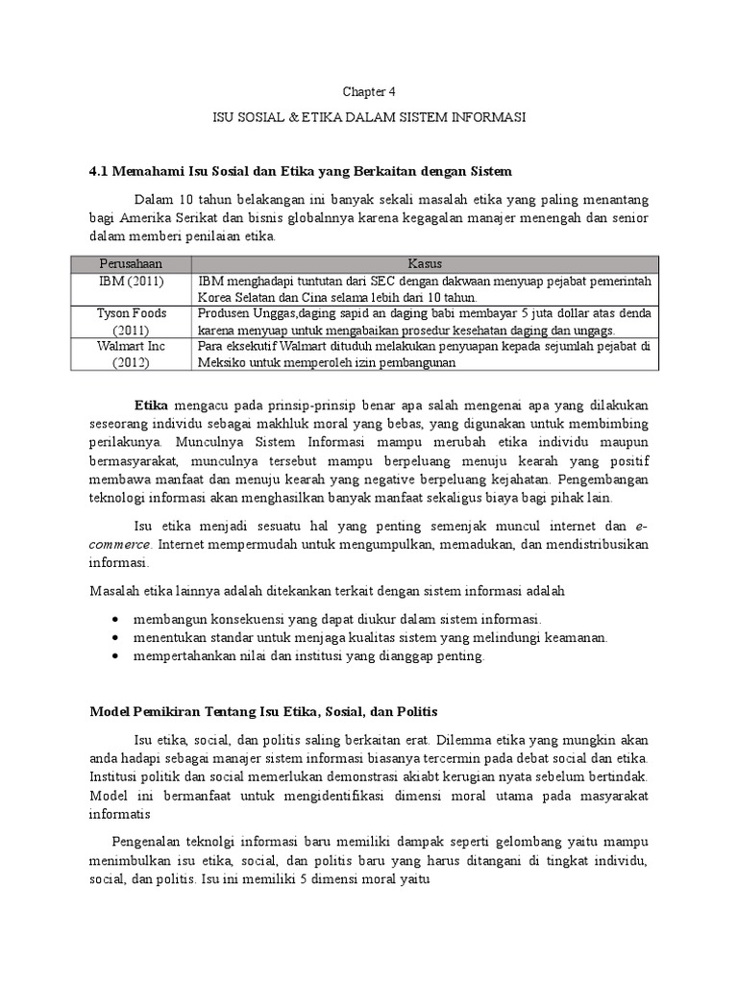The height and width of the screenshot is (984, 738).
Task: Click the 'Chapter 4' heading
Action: coord(369,91)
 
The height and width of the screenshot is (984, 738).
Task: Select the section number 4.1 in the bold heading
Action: coord(99,171)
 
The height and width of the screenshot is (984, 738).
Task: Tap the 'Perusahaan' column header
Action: coord(132,263)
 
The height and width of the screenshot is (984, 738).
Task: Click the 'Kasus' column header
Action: coord(424,263)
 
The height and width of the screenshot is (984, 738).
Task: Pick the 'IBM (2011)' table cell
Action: coord(132,281)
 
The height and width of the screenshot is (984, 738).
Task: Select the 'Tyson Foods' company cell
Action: coord(132,313)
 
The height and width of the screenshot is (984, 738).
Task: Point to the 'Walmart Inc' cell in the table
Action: coord(132,346)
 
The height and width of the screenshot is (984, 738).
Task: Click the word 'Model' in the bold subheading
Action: coord(109,712)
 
